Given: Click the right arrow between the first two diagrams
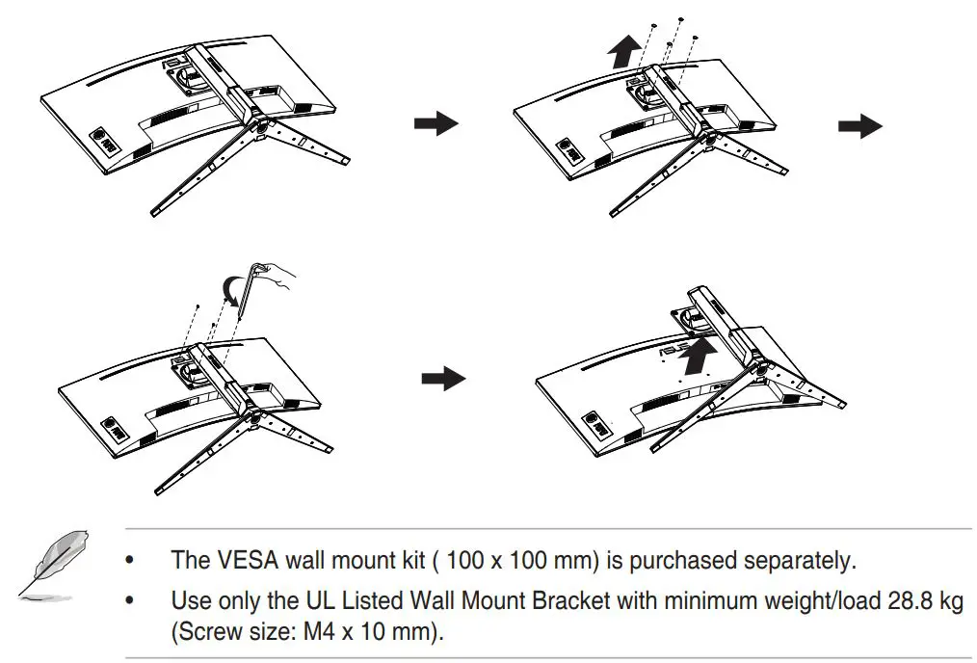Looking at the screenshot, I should (436, 123).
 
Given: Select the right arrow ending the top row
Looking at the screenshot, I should (859, 125).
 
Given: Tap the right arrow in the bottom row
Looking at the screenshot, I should (443, 379).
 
